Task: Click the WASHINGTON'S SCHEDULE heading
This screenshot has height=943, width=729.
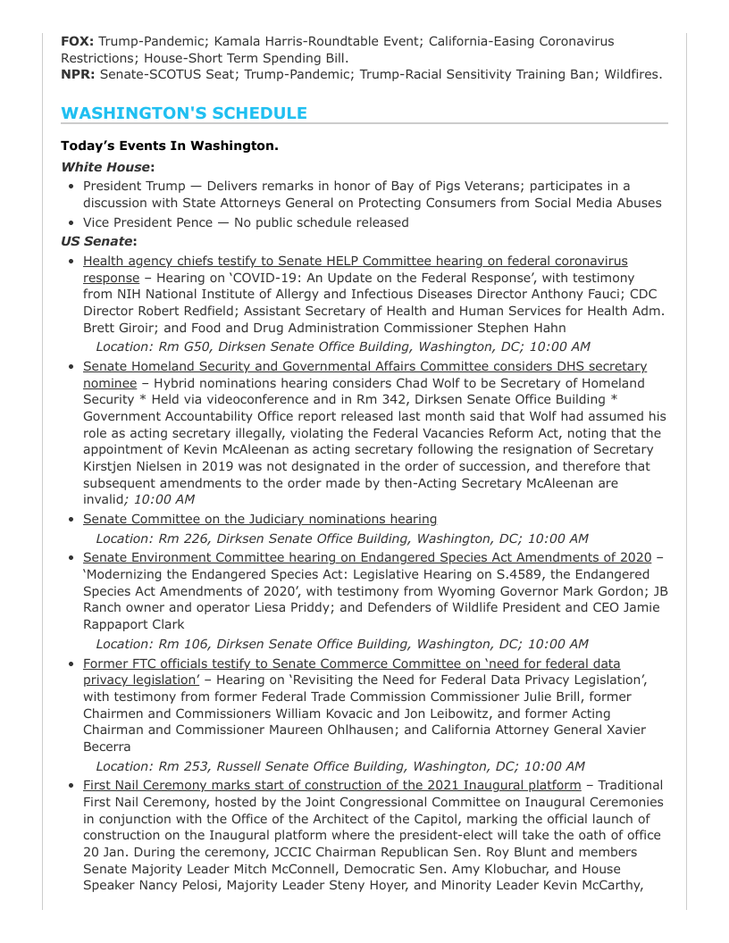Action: pyautogui.click(x=184, y=113)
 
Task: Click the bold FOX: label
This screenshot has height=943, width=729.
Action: pyautogui.click(x=78, y=41)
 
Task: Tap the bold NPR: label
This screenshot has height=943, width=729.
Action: pyautogui.click(x=79, y=74)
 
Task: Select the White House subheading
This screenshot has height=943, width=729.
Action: pyautogui.click(x=107, y=167)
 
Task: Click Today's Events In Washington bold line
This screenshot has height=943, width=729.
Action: pyautogui.click(x=170, y=146)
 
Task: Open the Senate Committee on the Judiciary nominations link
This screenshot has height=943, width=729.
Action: pyautogui.click(x=260, y=519)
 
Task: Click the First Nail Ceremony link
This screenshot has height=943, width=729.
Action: pyautogui.click(x=331, y=785)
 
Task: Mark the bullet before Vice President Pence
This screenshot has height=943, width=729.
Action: pyautogui.click(x=71, y=222)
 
